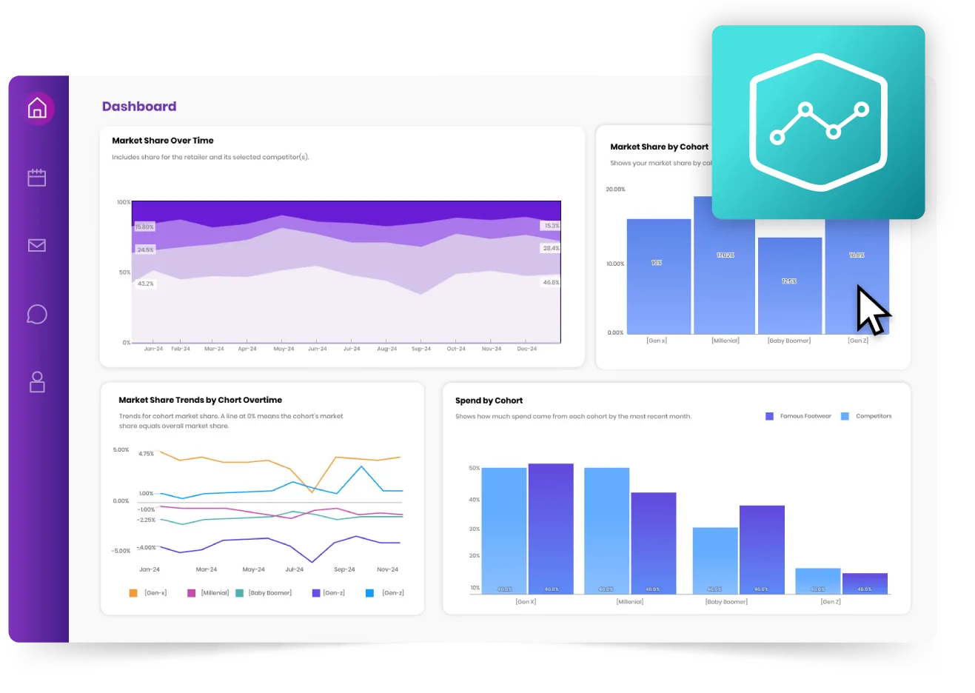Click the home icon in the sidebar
(37, 108)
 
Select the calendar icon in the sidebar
(37, 178)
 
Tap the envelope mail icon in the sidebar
(37, 245)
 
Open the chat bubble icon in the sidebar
(37, 314)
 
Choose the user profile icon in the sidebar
(37, 382)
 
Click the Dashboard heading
(139, 107)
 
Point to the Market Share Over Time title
(163, 141)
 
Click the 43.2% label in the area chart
(146, 284)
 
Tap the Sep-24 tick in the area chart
(421, 349)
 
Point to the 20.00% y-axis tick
(615, 190)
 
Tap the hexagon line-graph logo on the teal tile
(818, 122)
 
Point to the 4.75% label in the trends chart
(147, 454)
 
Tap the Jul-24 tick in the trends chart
(295, 570)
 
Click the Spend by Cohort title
(489, 401)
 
